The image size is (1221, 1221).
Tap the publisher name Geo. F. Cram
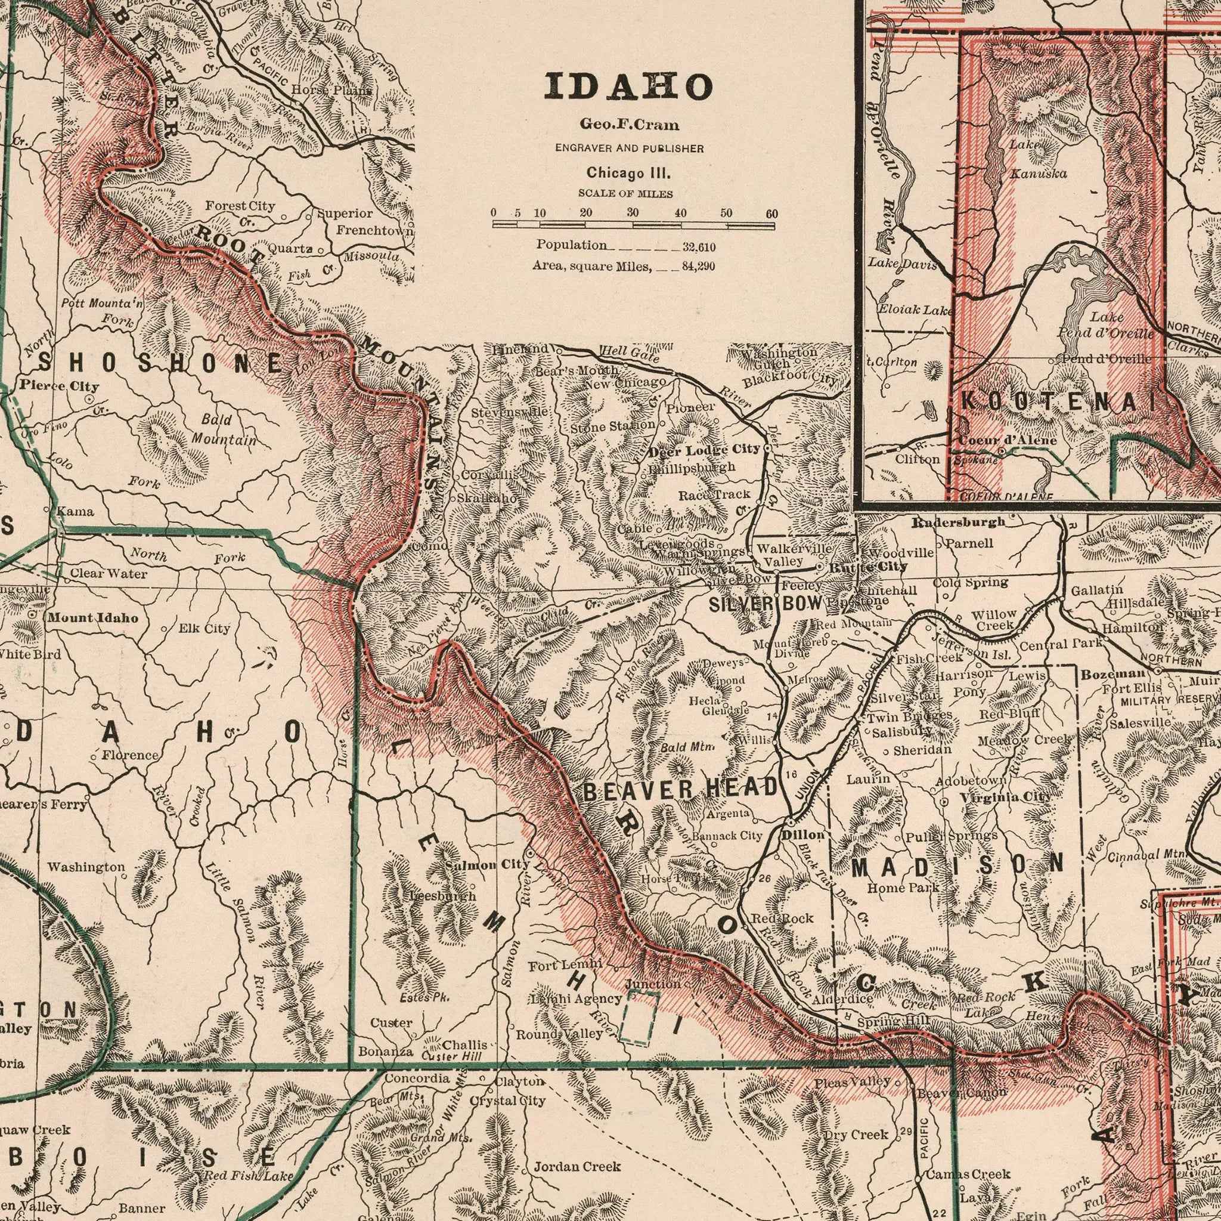click(628, 125)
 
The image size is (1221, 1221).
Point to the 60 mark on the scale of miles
click(771, 214)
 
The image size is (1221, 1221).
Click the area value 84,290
click(698, 266)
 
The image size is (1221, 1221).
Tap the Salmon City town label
click(486, 864)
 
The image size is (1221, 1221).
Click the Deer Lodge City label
click(704, 450)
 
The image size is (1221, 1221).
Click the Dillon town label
click(803, 834)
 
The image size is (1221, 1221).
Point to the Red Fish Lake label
click(249, 1159)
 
